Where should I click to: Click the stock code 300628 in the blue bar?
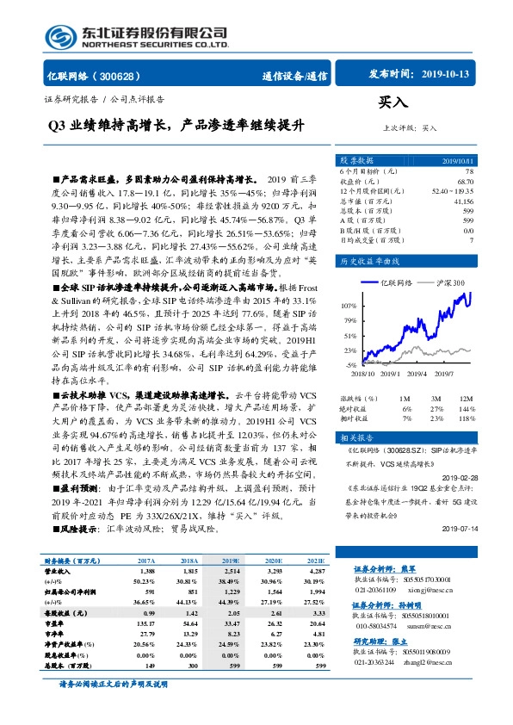[x=125, y=76]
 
